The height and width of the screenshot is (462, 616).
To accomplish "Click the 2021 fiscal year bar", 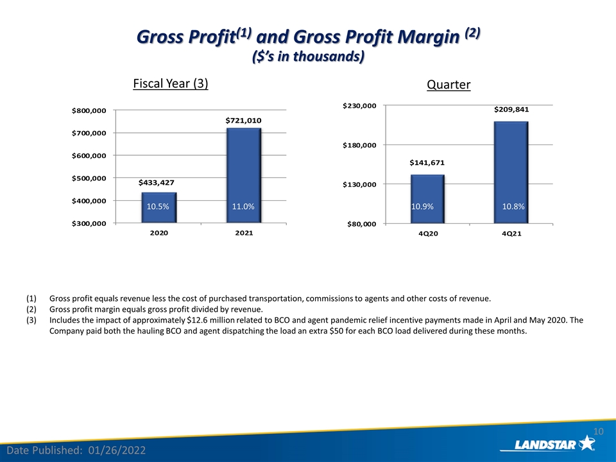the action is (244, 176).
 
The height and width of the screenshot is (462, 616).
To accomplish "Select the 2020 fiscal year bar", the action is (159, 208).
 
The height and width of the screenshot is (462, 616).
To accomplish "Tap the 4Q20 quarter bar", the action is (427, 199).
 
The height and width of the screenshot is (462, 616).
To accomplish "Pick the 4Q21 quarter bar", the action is (511, 173).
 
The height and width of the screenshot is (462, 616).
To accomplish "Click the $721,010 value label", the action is (244, 121).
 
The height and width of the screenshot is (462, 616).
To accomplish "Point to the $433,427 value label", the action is (157, 183).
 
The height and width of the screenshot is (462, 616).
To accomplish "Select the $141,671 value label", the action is (427, 162).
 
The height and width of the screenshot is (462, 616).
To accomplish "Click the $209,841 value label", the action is (511, 110).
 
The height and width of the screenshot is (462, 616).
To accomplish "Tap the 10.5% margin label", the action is (158, 207).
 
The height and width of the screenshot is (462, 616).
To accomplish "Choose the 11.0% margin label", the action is (243, 207).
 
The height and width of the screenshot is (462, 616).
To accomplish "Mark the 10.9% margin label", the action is (422, 207).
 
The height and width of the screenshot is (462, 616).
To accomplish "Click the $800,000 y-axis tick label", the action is (89, 111).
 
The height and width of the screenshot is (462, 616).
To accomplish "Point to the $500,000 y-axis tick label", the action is (89, 178).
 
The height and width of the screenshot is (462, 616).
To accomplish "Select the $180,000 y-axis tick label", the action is (359, 146).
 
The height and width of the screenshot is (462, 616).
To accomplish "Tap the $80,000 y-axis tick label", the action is (362, 225).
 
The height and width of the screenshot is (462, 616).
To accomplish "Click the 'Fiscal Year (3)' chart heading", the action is (171, 83).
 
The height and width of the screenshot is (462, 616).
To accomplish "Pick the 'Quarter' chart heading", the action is (449, 85).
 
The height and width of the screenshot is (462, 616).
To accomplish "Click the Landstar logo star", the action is (587, 443).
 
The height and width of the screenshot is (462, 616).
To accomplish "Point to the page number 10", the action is (598, 432).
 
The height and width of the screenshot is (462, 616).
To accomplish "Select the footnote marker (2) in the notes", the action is (31, 309).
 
